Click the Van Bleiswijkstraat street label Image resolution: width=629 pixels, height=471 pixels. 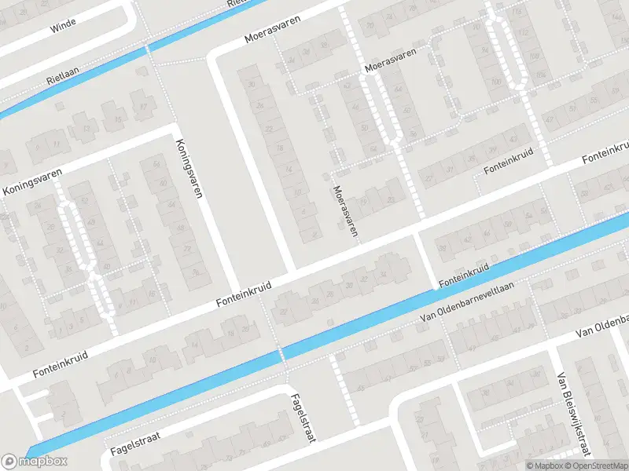572,413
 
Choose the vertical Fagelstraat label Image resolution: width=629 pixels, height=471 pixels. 302,418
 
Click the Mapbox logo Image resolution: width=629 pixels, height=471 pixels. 35,461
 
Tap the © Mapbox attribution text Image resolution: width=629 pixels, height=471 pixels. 545,466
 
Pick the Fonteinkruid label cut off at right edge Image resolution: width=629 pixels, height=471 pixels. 605,154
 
